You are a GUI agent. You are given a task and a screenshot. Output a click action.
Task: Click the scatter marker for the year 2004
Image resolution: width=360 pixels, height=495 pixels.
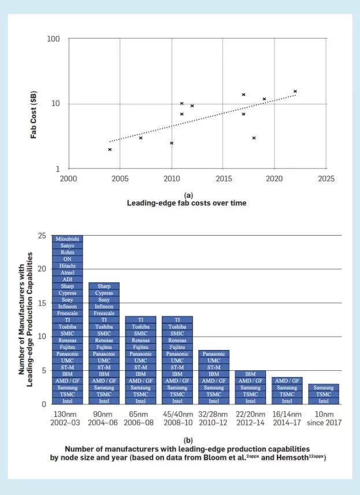pyautogui.click(x=110, y=150)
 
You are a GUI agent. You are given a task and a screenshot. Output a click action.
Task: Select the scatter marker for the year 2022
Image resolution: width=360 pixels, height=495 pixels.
pyautogui.click(x=295, y=91)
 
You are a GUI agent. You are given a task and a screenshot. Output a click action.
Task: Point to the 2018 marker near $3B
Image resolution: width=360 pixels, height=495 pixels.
pyautogui.click(x=254, y=138)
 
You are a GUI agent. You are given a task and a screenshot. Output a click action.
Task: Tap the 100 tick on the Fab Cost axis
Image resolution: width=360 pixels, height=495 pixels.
pyautogui.click(x=53, y=39)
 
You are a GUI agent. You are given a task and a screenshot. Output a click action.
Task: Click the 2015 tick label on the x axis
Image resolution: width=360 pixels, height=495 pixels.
pyautogui.click(x=223, y=179)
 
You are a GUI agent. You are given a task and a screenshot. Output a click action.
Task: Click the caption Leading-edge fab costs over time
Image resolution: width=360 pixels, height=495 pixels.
pyautogui.click(x=180, y=203)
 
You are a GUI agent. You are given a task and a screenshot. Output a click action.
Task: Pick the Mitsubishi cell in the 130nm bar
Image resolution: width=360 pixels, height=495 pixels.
pyautogui.click(x=68, y=239)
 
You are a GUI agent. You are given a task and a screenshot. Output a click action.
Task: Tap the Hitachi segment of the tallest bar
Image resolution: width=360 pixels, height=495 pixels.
pyautogui.click(x=68, y=266)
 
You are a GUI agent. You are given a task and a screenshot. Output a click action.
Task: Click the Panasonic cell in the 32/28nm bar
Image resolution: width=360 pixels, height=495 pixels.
pyautogui.click(x=214, y=353)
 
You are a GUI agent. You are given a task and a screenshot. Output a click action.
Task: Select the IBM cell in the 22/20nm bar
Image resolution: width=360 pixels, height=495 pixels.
pyautogui.click(x=250, y=374)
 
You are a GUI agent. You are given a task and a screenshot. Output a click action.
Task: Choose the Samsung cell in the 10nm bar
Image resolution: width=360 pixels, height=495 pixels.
pyautogui.click(x=323, y=387)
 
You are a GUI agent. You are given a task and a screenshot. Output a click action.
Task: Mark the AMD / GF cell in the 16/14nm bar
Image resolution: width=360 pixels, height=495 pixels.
pyautogui.click(x=287, y=381)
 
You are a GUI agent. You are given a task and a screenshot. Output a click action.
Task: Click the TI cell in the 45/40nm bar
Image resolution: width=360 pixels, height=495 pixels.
pyautogui.click(x=177, y=319)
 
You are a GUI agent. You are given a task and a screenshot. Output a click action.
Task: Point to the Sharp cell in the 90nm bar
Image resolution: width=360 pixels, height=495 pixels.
pyautogui.click(x=104, y=286)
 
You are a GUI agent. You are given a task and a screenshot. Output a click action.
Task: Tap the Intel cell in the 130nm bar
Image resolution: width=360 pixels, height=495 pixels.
pyautogui.click(x=68, y=401)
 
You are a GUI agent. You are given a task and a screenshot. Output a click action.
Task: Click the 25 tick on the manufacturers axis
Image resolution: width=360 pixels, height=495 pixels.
pyautogui.click(x=42, y=236)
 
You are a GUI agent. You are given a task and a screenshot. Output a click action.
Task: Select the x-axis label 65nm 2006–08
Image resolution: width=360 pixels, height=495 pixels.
pyautogui.click(x=140, y=419)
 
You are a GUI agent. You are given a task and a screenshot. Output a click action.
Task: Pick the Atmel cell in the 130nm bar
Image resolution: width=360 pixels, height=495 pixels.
pyautogui.click(x=68, y=273)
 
